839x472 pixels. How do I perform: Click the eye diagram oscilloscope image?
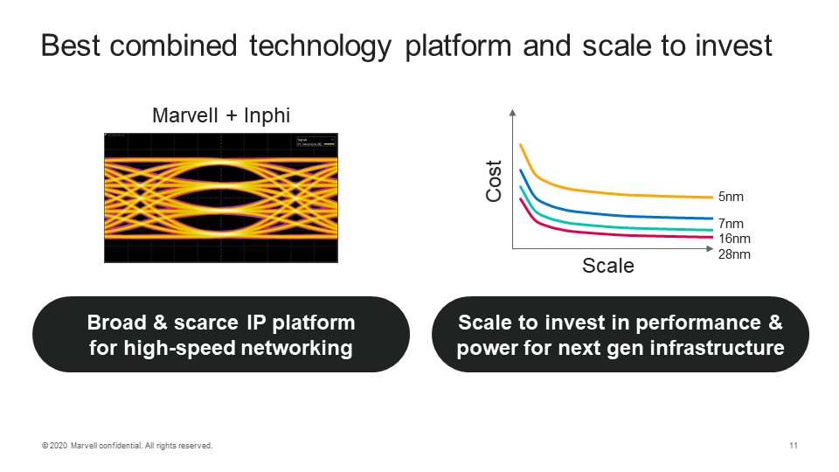220,198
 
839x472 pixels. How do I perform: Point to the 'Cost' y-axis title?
494,182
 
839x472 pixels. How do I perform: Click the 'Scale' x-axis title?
608,266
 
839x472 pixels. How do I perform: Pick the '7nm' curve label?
730,225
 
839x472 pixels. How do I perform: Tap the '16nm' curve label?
734,239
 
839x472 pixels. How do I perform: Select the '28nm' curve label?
734,255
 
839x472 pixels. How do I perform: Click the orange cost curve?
612,192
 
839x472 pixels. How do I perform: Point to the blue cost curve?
612,214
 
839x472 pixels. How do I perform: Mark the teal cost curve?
612,226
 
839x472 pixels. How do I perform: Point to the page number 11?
793,447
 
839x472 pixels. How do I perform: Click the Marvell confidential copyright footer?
127,447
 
